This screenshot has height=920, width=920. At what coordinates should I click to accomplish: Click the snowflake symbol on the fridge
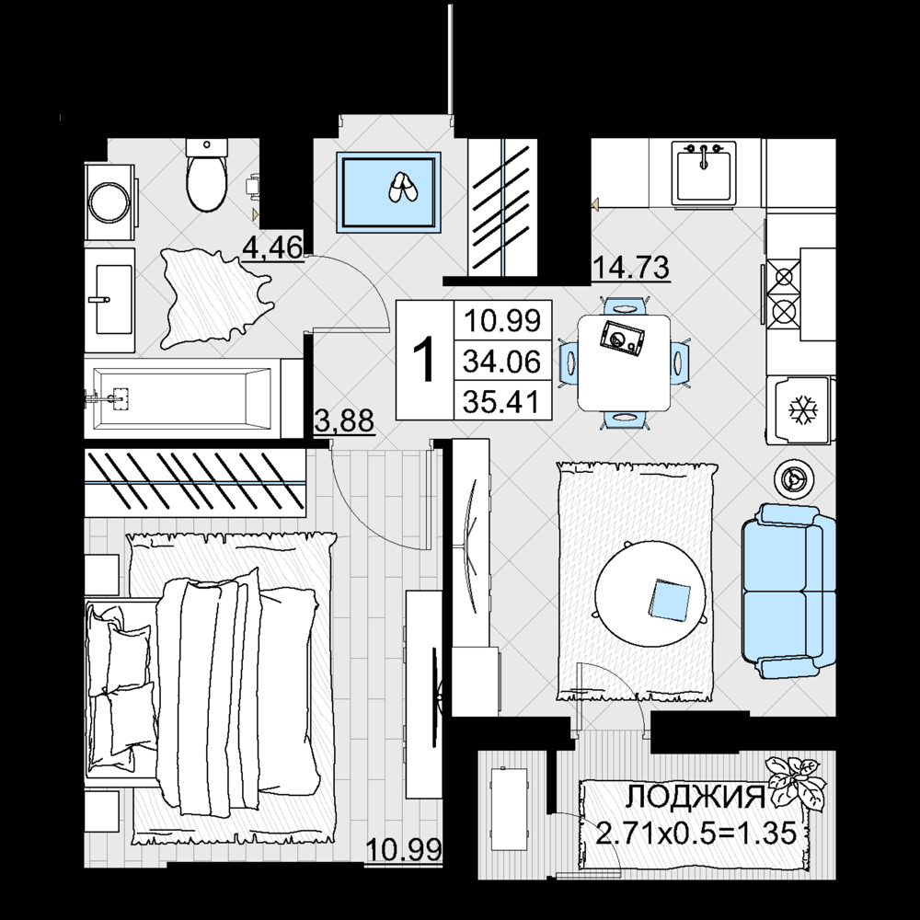(801, 410)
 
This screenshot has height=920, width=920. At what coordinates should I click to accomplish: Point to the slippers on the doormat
(402, 187)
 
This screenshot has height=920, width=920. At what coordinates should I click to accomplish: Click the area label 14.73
(631, 268)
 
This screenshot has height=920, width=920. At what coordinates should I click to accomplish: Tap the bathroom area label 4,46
(273, 247)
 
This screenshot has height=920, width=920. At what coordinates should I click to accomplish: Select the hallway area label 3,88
(344, 420)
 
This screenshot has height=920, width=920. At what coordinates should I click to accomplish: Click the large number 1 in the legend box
(424, 360)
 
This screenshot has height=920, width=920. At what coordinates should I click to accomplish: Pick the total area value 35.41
(501, 402)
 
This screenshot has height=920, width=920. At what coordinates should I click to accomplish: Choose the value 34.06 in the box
(501, 361)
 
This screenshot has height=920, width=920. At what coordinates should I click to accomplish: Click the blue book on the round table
(670, 599)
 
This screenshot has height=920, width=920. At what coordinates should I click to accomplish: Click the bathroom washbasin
(109, 300)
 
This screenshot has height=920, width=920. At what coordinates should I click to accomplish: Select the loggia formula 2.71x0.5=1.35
(696, 833)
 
